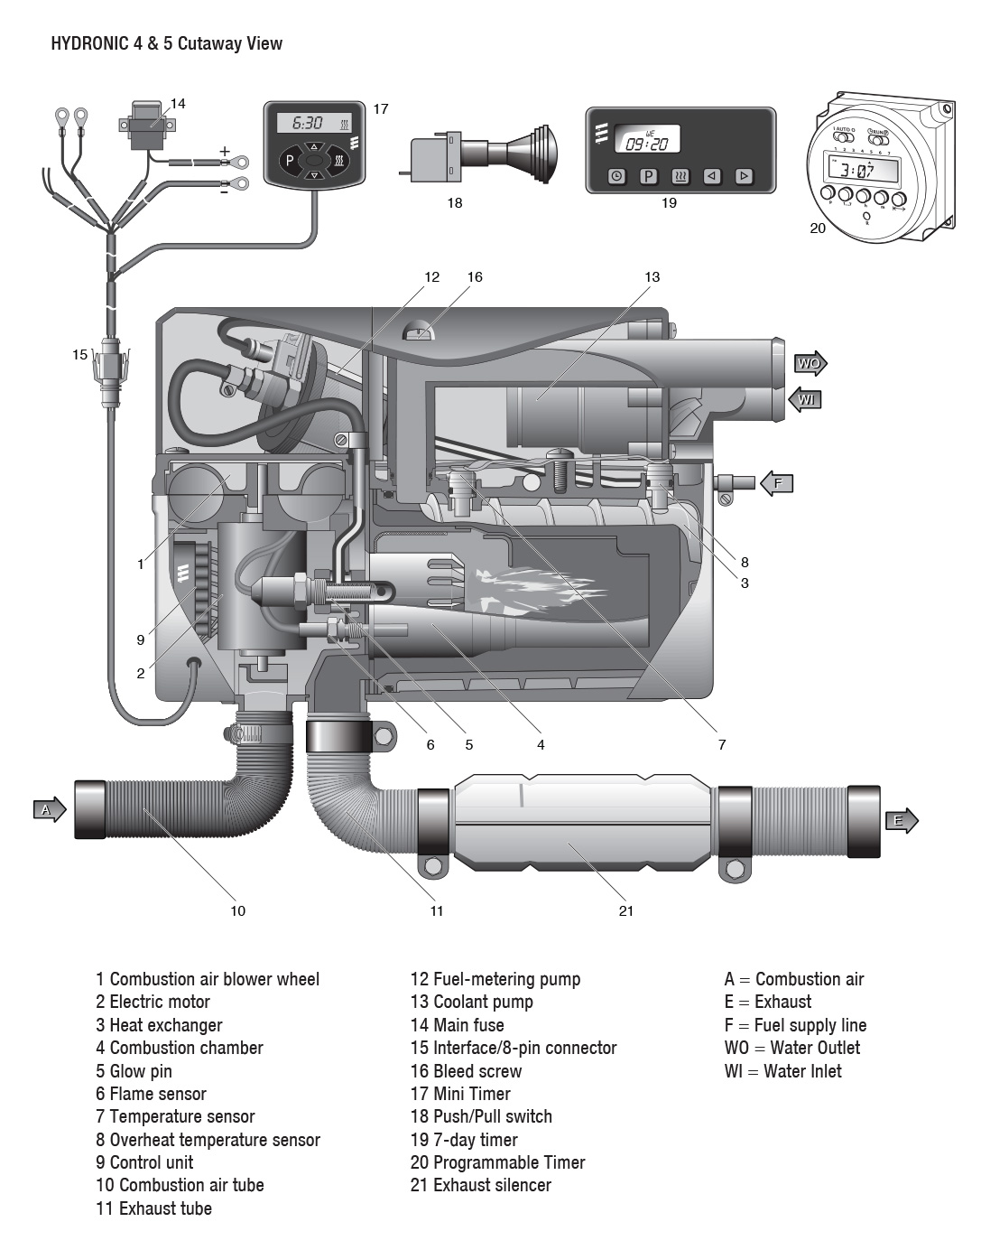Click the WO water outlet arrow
810,364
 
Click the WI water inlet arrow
806,398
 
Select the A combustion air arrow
49,809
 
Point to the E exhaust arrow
900,820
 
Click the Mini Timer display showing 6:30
313,123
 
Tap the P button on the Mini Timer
289,162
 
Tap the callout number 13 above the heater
652,276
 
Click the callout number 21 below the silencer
625,910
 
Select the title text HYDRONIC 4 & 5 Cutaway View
166,43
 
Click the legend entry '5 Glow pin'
134,1071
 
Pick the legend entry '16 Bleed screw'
466,1071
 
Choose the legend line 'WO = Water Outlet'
791,1048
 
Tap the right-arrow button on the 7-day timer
744,176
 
